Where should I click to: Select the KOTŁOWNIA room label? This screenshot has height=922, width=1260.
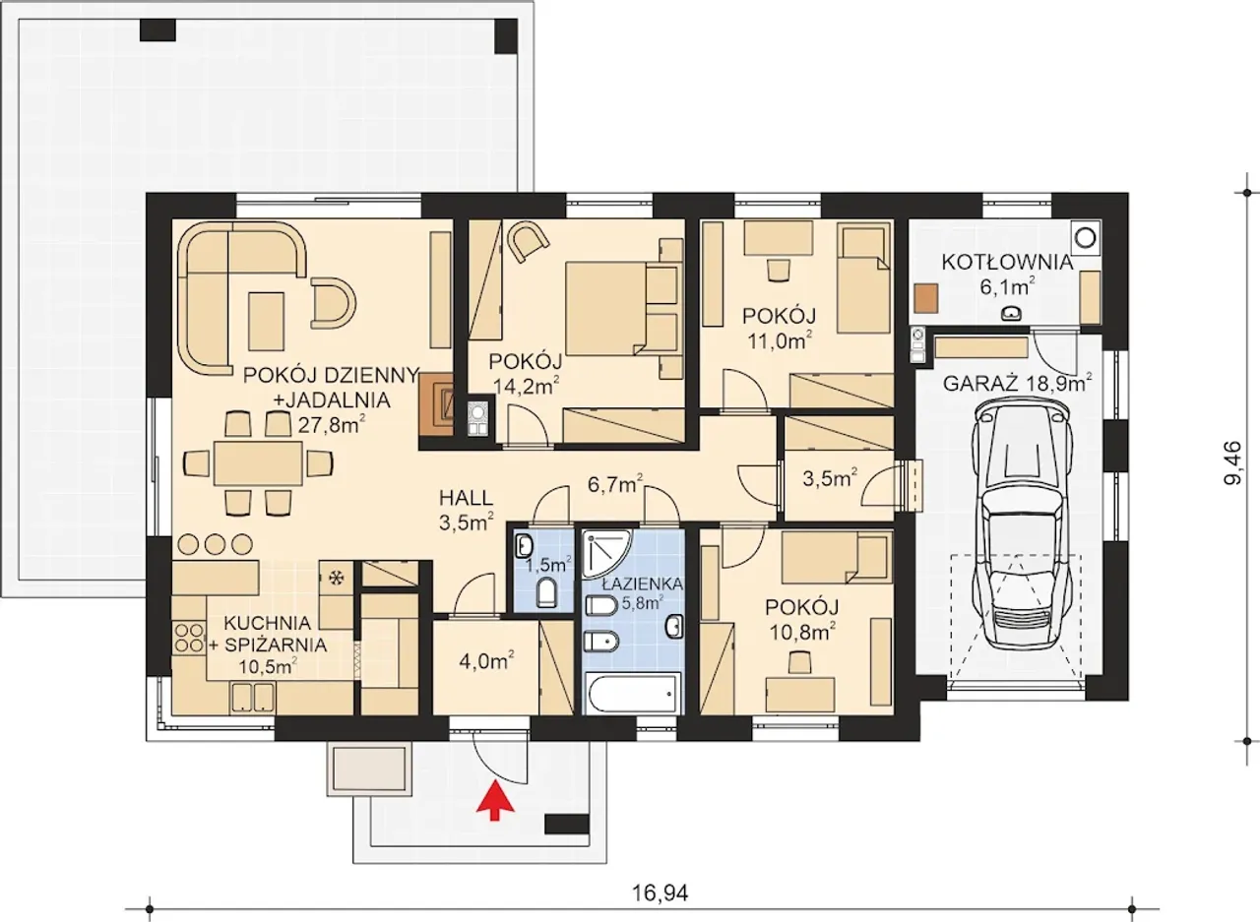tap(1007, 263)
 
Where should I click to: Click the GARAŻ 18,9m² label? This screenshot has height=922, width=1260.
tap(1018, 383)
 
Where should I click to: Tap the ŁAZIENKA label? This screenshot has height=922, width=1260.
tap(642, 584)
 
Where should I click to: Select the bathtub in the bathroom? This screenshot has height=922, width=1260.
tap(631, 695)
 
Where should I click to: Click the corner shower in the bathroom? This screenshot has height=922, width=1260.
tap(607, 553)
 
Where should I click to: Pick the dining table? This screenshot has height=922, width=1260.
tap(258, 463)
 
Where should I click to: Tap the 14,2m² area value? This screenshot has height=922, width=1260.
tap(527, 386)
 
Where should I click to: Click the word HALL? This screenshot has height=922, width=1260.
tap(466, 498)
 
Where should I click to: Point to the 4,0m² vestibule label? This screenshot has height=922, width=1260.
tap(487, 660)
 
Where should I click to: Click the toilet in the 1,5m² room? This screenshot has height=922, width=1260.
tap(546, 594)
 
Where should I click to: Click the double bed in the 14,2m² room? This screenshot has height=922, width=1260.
tap(621, 308)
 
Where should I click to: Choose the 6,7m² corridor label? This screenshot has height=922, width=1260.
tap(615, 483)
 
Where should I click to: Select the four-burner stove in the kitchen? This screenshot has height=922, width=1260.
tap(188, 638)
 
